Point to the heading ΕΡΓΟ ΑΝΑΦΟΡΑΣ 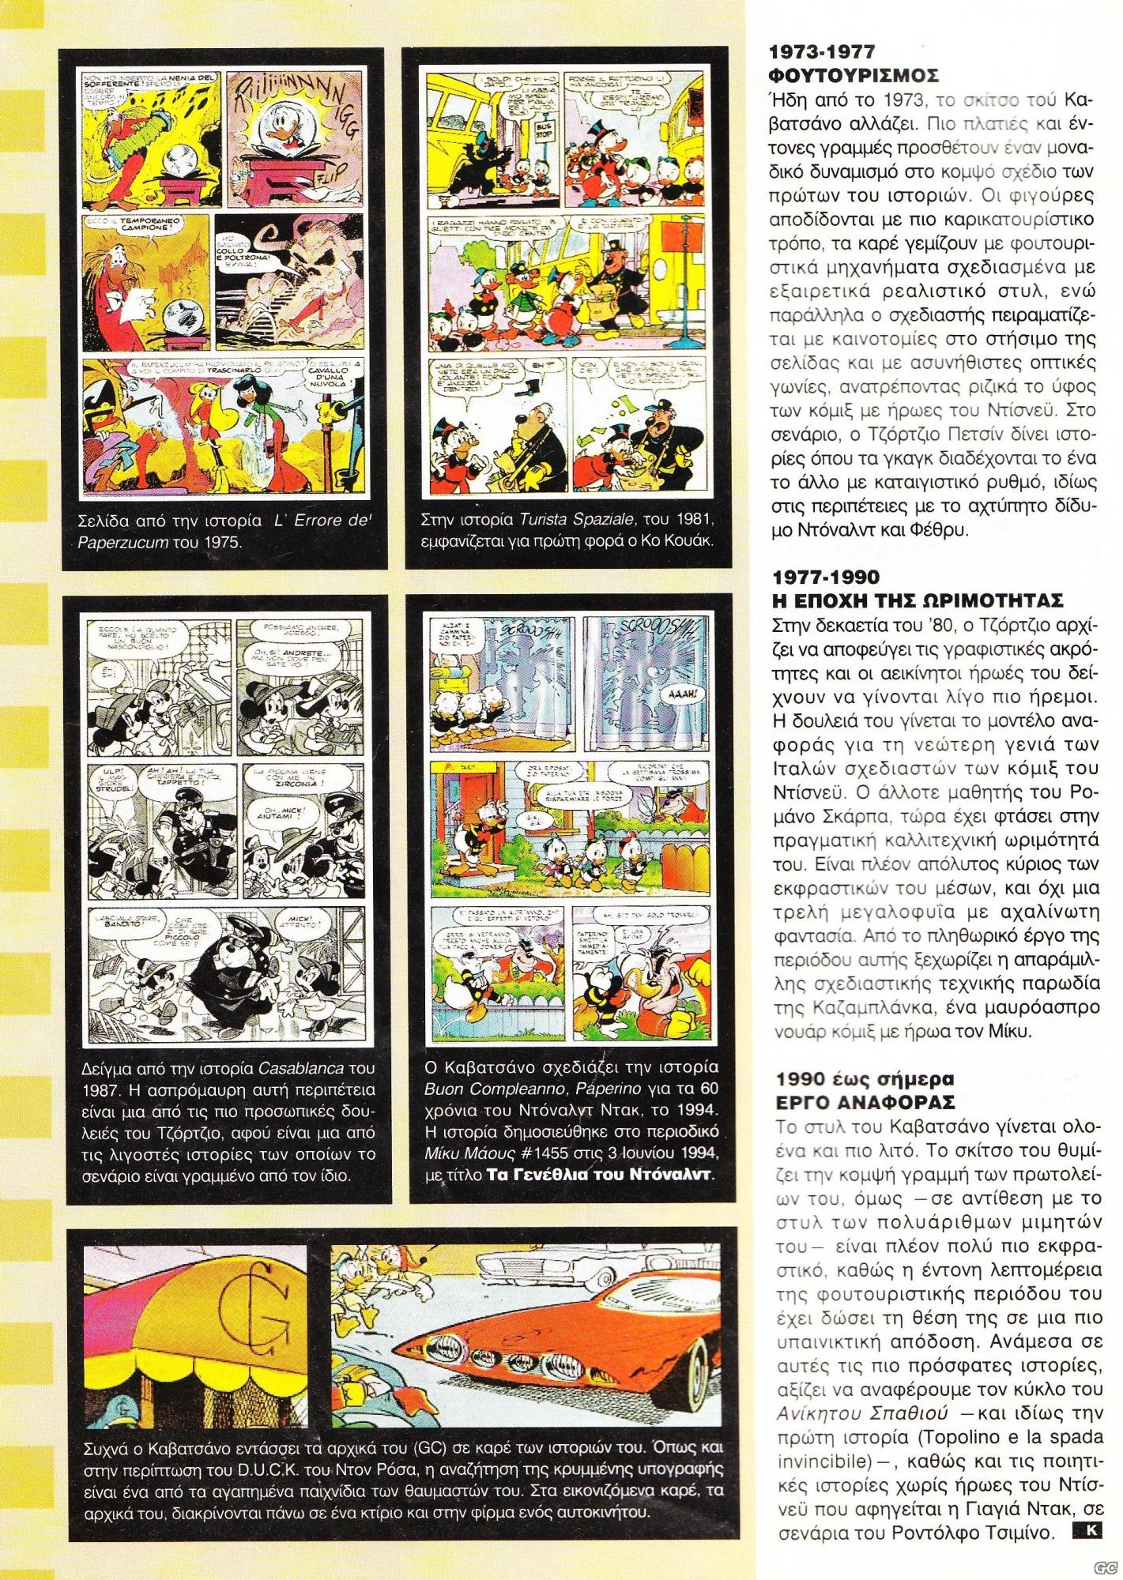(x=853, y=1101)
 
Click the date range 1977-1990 (x=823, y=577)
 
